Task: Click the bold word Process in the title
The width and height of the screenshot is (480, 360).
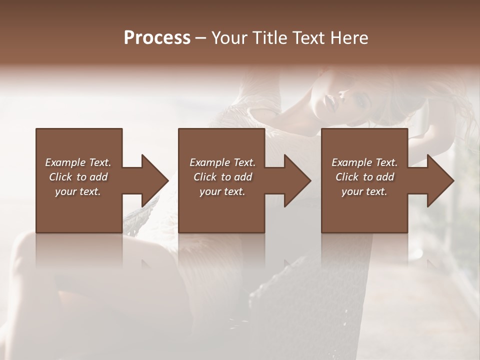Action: point(157,38)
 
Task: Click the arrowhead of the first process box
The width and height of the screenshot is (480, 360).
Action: point(155,180)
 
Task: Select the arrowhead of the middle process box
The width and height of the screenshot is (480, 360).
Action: point(298,180)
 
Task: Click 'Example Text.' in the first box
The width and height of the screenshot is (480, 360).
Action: point(78,162)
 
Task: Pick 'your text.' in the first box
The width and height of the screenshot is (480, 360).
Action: point(78,191)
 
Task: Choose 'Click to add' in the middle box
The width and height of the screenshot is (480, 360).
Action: point(223,177)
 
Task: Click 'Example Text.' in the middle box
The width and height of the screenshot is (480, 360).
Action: point(222,162)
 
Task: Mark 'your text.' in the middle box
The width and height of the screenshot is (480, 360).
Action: point(222,191)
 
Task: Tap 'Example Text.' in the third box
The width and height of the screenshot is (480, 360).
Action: point(364,162)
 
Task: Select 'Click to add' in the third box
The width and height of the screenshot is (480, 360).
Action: point(365,177)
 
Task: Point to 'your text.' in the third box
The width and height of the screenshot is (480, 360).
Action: point(364,191)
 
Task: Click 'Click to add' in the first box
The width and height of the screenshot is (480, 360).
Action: point(78,177)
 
